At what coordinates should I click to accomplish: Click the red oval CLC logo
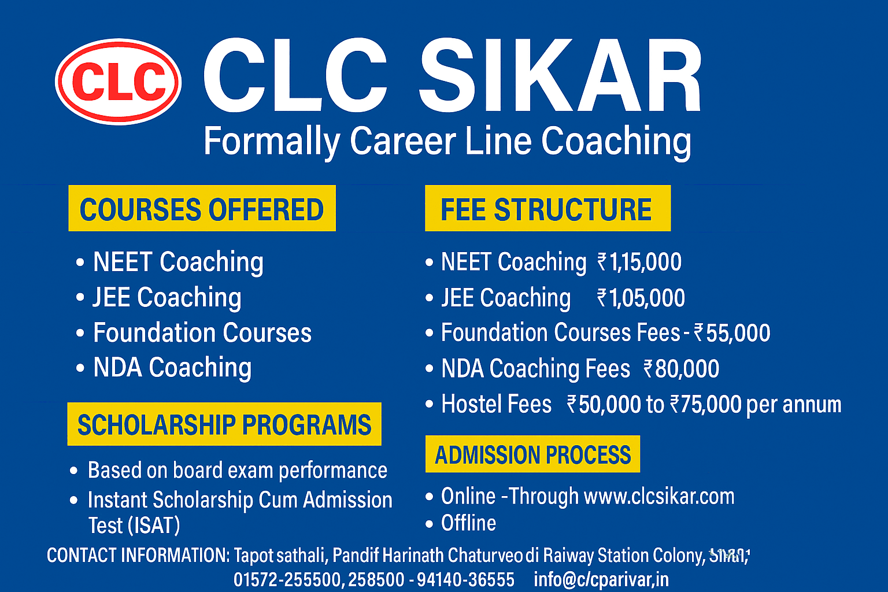(119, 82)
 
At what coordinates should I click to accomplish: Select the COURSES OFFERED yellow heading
(202, 209)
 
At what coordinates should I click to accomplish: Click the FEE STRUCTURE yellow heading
(547, 209)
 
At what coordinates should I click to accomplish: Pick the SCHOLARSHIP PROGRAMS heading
(224, 424)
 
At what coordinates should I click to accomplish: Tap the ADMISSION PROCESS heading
(532, 454)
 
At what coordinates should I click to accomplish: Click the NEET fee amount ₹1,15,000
(639, 262)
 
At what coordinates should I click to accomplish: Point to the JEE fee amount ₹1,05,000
(641, 298)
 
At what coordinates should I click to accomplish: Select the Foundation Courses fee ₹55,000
(732, 333)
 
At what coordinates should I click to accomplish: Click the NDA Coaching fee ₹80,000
(682, 369)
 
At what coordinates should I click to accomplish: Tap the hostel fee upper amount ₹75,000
(706, 405)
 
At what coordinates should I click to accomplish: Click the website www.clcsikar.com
(659, 496)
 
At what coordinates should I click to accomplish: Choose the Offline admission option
(468, 523)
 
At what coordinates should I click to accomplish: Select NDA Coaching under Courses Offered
(172, 368)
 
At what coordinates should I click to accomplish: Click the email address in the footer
(601, 579)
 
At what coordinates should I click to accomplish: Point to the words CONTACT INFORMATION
(138, 556)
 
